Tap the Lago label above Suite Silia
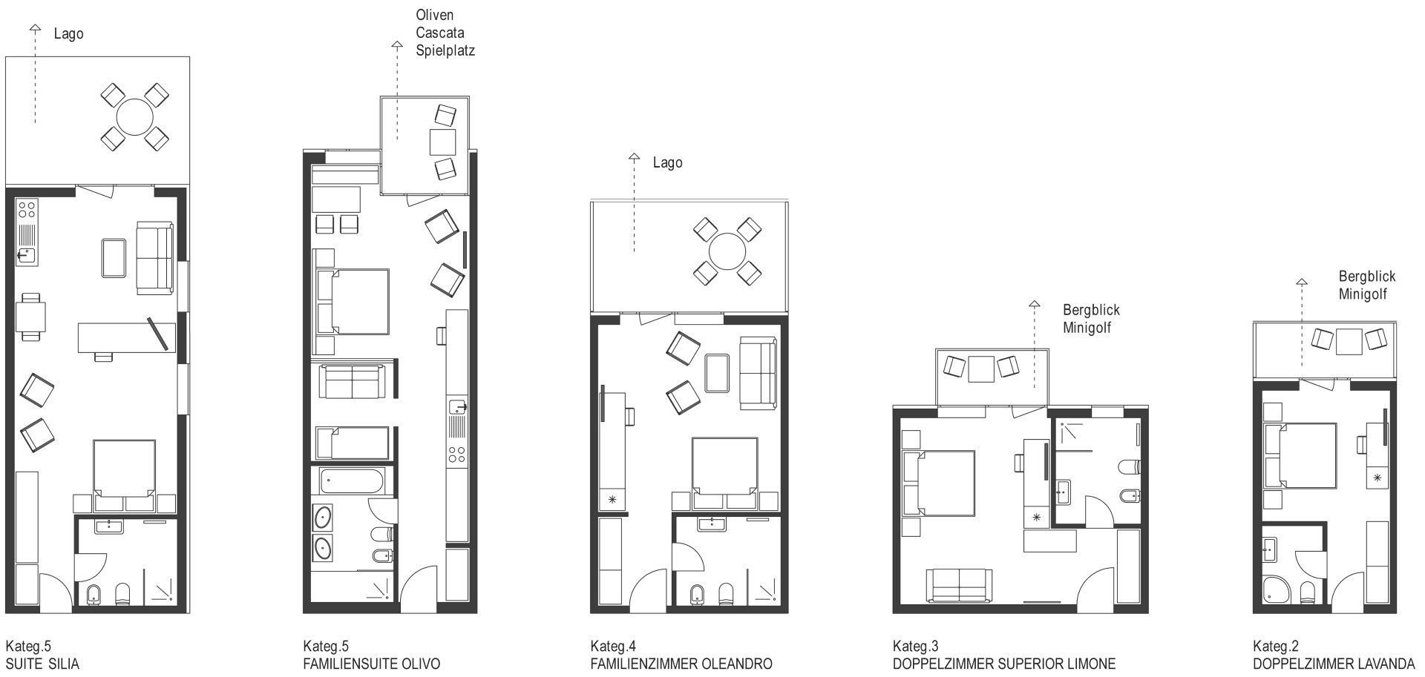(69, 34)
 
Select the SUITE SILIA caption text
(42, 664)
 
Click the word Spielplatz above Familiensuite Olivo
(445, 51)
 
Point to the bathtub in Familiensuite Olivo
(353, 481)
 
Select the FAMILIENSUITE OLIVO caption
(372, 664)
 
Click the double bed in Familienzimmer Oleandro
(725, 466)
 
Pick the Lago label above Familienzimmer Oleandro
(667, 163)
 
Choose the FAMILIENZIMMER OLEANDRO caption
(681, 664)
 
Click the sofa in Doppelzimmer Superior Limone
(960, 585)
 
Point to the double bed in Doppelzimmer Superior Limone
(938, 483)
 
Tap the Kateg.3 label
(915, 647)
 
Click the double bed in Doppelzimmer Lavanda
(1300, 456)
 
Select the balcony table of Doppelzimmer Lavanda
(1350, 341)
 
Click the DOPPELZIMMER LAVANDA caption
(1334, 664)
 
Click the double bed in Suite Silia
(125, 468)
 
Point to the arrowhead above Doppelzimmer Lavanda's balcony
(1301, 282)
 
